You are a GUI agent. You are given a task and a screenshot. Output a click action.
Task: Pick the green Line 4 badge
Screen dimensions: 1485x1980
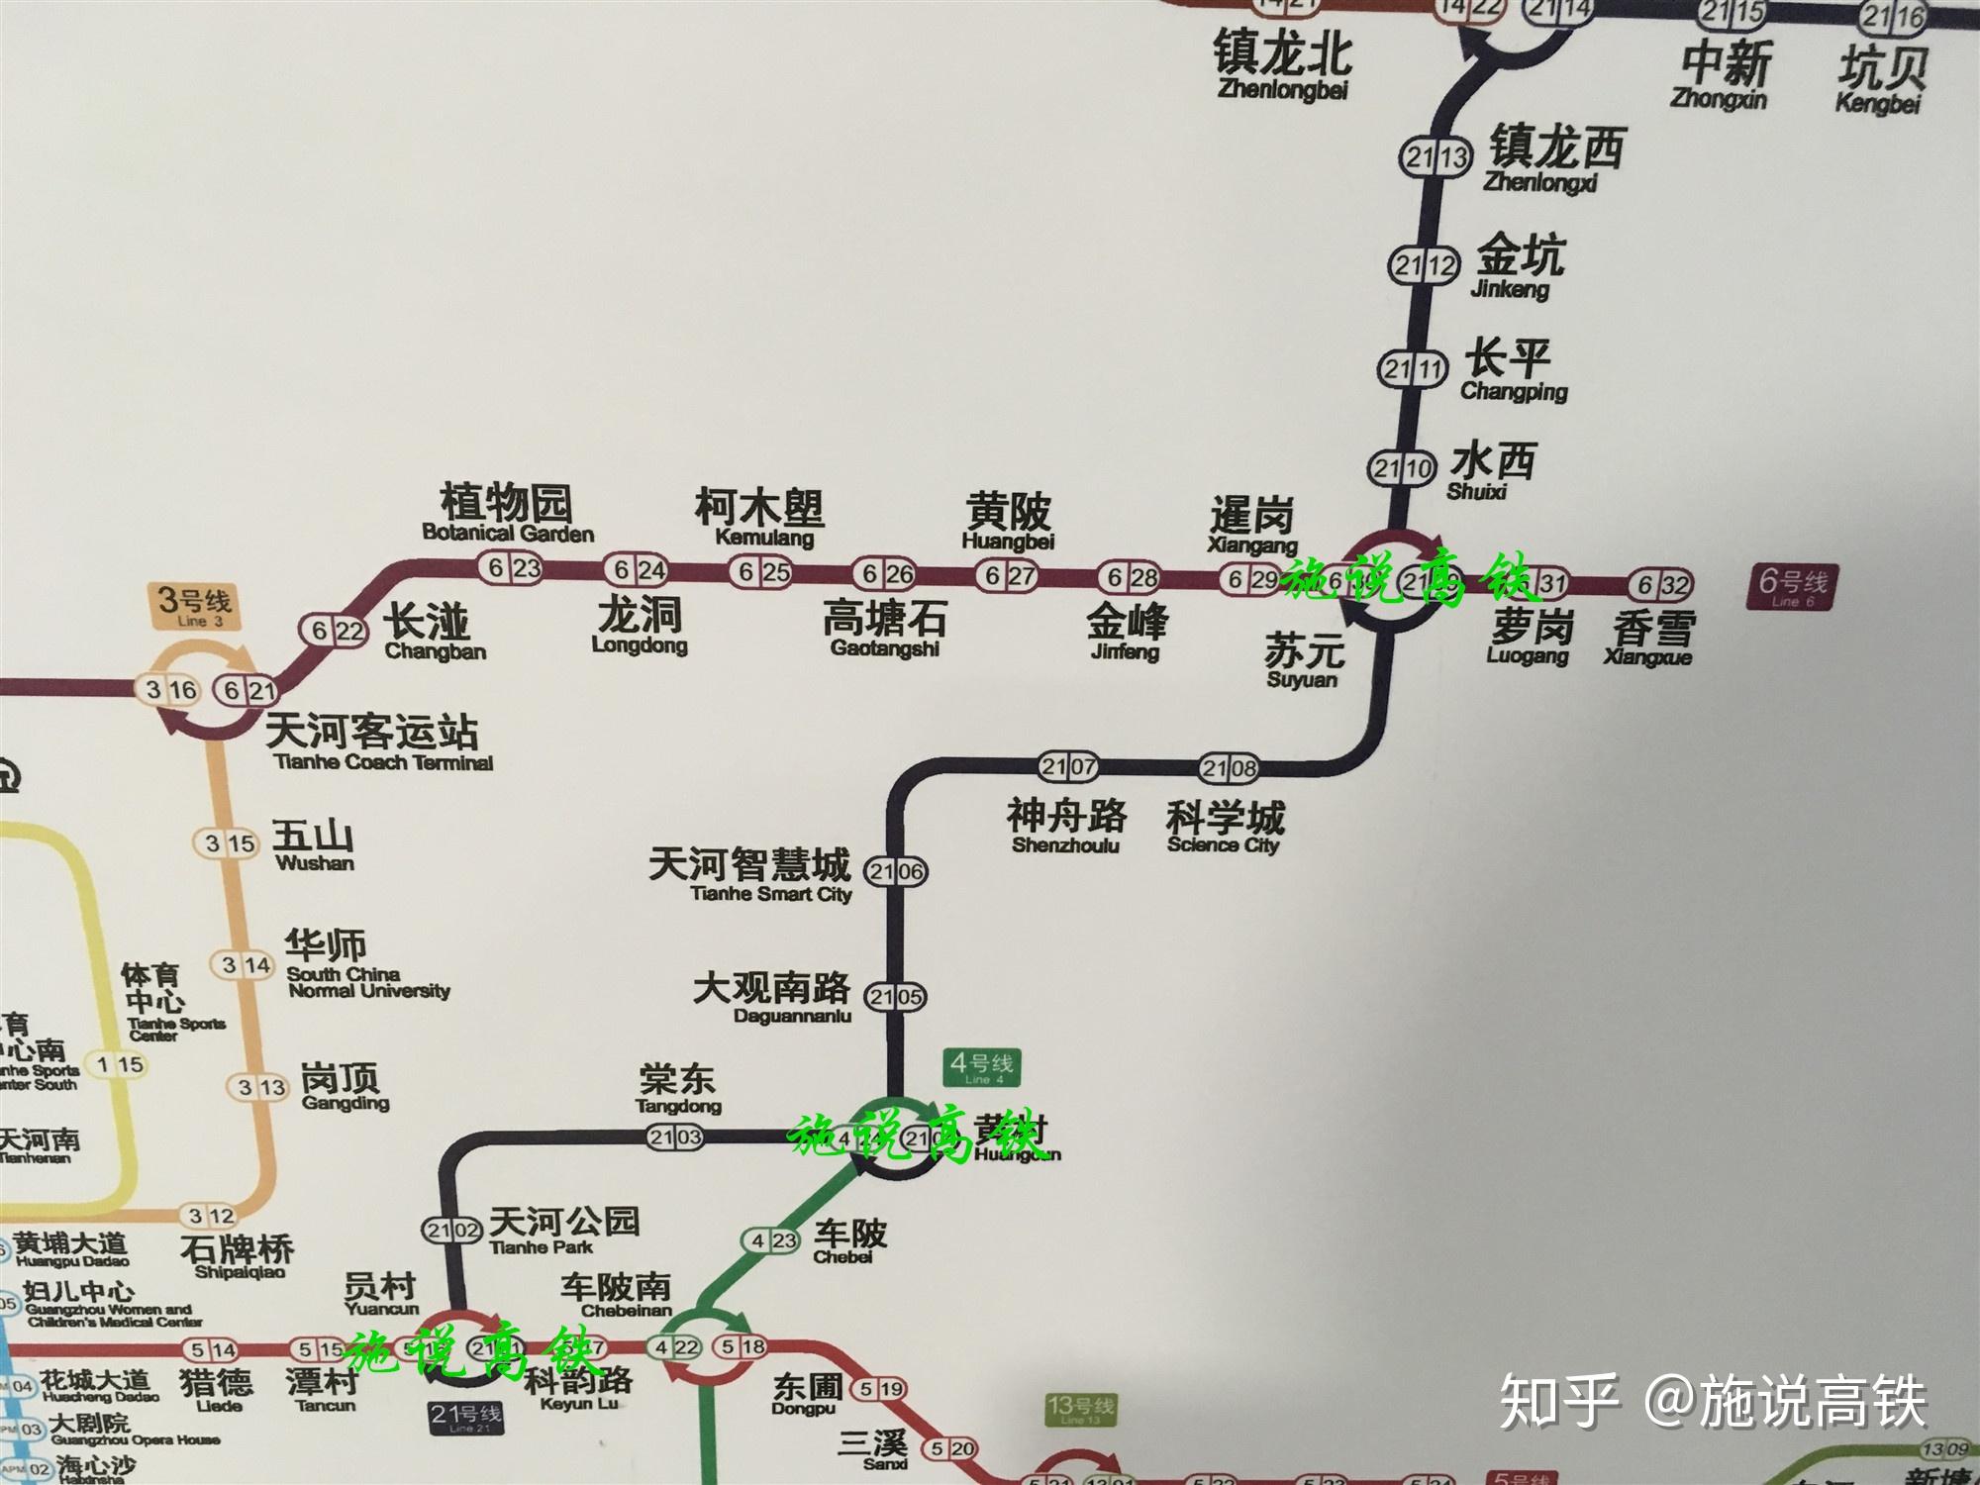980,1068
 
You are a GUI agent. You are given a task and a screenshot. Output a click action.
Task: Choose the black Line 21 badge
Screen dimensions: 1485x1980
465,1417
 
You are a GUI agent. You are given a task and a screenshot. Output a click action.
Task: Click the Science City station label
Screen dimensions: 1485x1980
1225,828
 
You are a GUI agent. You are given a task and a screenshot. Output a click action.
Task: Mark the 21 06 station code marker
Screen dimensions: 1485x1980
896,872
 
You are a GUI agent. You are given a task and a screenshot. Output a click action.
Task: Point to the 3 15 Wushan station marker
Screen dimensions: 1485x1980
230,843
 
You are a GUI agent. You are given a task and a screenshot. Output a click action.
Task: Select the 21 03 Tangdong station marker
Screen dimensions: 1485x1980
676,1138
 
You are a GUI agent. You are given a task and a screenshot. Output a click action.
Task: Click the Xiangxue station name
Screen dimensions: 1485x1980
1651,638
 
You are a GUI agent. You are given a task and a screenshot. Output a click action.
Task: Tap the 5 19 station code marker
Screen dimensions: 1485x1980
879,1389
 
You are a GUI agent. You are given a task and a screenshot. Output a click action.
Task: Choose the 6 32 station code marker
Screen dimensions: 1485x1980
1662,585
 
